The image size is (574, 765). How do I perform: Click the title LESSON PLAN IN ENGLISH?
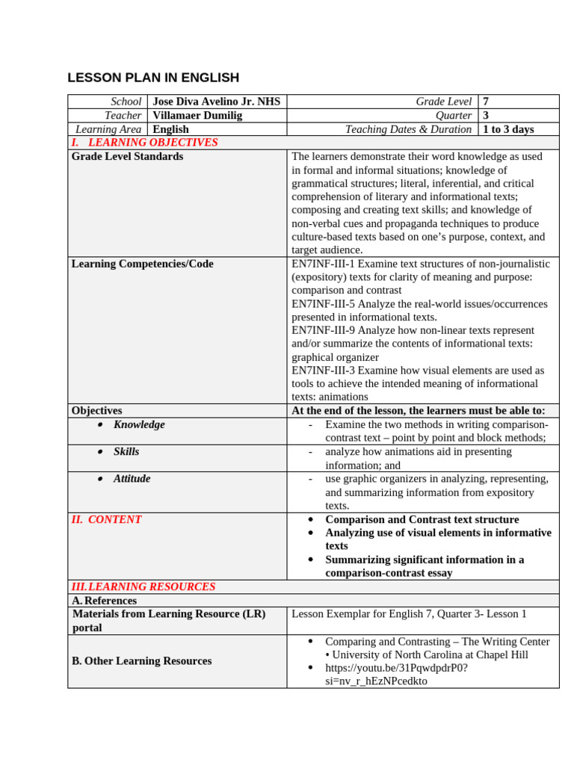(153, 78)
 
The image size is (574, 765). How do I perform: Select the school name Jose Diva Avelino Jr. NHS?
(217, 102)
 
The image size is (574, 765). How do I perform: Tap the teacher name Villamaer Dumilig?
(197, 115)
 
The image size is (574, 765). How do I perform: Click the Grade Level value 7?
(487, 102)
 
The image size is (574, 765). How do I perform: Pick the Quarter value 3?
(487, 115)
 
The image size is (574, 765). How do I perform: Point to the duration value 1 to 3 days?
(508, 129)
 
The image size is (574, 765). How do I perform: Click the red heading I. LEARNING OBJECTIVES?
(145, 143)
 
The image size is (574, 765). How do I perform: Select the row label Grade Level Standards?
(127, 156)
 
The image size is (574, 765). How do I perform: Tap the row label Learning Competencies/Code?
(142, 264)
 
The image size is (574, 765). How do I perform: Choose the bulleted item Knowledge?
(139, 424)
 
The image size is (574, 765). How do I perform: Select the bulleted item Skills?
(126, 451)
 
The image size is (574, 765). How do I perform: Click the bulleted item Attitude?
(132, 478)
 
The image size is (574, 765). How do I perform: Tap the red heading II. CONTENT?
(107, 519)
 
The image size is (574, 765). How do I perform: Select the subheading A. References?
(105, 601)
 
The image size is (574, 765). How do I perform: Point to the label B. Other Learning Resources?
(141, 661)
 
